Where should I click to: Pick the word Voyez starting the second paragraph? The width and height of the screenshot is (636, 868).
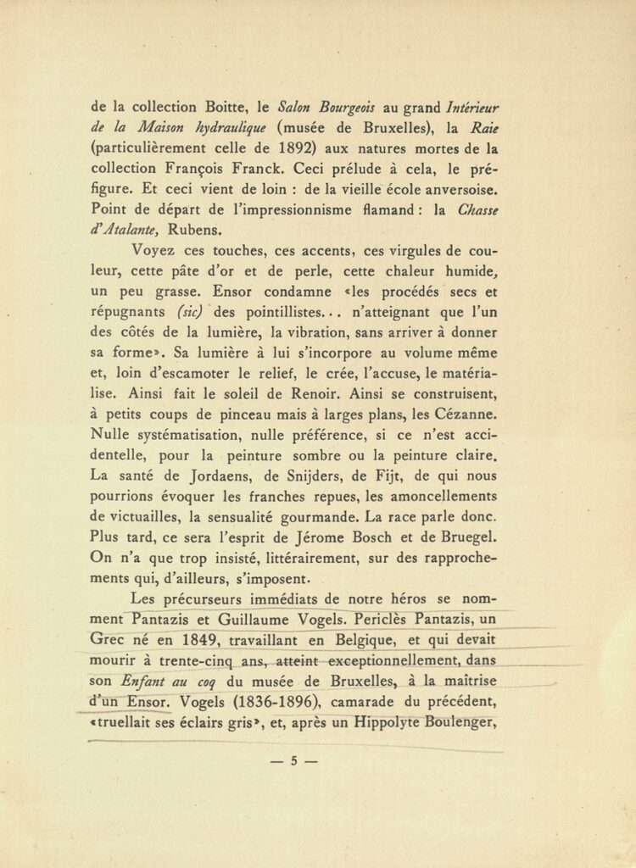(157, 250)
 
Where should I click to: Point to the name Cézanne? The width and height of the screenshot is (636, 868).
(467, 414)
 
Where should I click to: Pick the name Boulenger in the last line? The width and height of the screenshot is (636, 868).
(461, 721)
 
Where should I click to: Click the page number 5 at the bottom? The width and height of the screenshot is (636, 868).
(294, 760)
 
